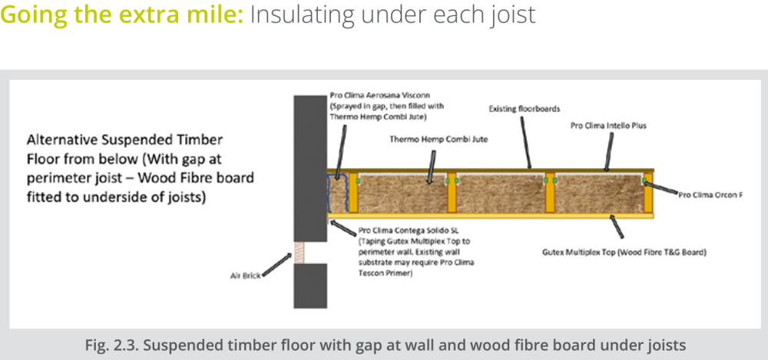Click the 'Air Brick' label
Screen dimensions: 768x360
pos(246,276)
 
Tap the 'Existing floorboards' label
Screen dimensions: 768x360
pos(518,109)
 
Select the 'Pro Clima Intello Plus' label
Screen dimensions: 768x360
pos(608,126)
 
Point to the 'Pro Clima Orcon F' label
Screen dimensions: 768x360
pos(710,195)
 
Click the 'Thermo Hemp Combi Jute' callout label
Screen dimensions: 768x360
pos(439,140)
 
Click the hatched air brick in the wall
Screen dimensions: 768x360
pos(299,253)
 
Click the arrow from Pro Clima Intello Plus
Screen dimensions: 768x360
pos(609,151)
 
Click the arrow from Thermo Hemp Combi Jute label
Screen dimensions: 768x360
pos(431,167)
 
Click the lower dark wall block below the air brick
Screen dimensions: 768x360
pos(310,286)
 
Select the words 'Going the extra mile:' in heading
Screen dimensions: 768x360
pos(122,15)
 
